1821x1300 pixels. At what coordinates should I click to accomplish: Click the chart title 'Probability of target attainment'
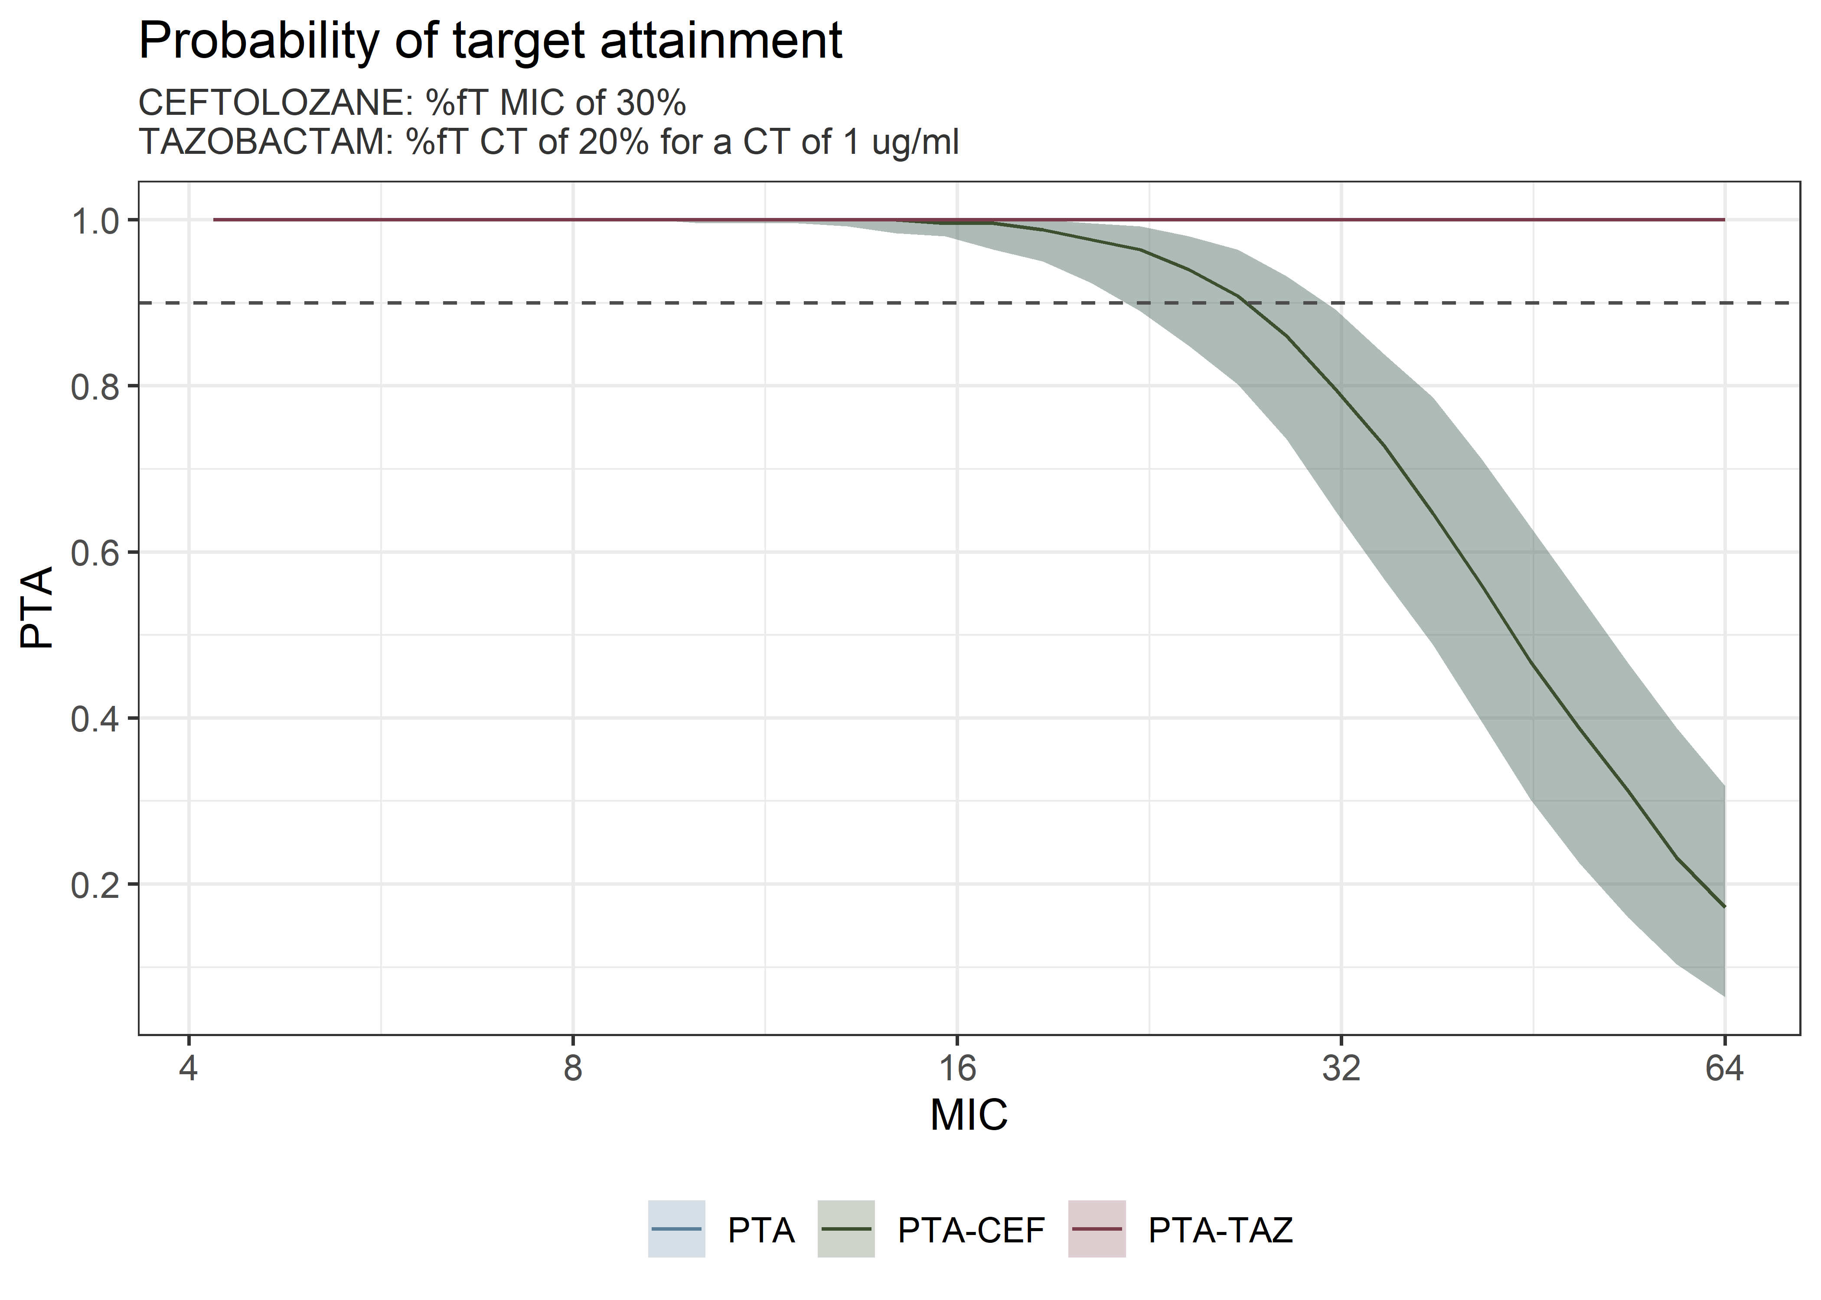[x=490, y=40]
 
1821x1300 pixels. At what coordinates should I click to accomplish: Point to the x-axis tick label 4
[x=188, y=1069]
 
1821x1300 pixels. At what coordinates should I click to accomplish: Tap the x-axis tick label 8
[x=573, y=1069]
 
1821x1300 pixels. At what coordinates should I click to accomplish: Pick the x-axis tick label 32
[x=1341, y=1069]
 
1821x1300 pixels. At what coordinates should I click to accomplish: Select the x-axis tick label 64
[x=1724, y=1069]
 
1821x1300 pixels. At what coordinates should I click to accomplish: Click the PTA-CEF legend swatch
[x=845, y=1229]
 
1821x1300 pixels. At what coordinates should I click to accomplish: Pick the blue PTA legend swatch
[x=677, y=1229]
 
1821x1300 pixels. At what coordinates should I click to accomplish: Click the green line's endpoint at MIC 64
[x=1724, y=907]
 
